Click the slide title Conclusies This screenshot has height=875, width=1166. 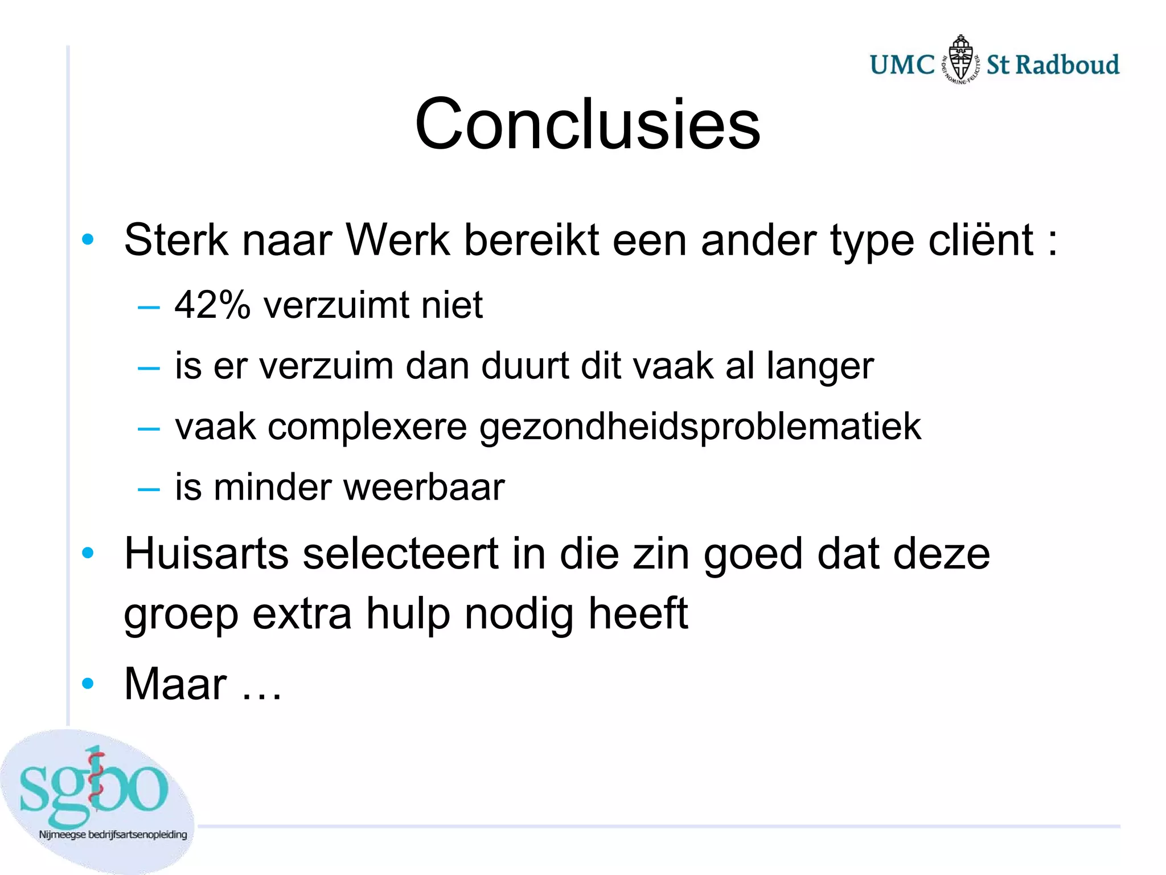[587, 124]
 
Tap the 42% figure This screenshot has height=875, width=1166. [212, 305]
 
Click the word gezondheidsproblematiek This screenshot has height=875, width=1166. [700, 427]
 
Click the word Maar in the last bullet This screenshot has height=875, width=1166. [175, 683]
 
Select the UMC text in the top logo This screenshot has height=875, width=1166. [902, 65]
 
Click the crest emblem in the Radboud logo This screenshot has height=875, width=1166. [961, 59]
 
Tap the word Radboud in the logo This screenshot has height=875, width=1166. [1068, 65]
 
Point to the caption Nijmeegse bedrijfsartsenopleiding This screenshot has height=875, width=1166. [113, 835]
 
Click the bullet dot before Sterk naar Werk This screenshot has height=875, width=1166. [87, 240]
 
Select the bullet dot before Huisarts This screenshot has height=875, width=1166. [87, 553]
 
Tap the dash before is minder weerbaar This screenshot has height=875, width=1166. [149, 489]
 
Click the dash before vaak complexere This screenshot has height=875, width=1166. [149, 428]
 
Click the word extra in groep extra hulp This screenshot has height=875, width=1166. [302, 614]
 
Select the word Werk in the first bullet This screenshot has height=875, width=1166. [398, 240]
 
